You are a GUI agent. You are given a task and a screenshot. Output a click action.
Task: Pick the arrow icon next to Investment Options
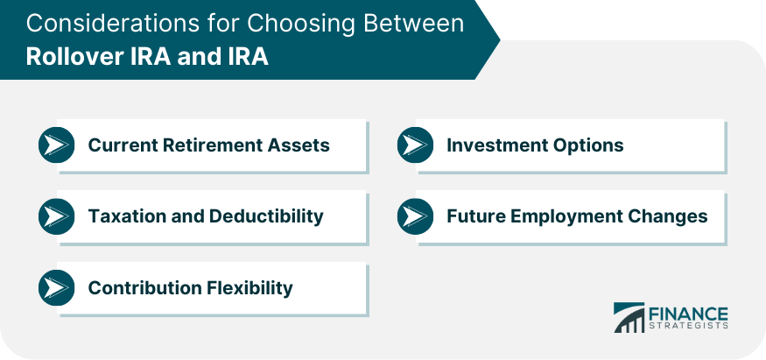coord(415,145)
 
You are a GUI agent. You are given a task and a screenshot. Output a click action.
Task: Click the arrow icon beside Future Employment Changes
coord(415,215)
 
